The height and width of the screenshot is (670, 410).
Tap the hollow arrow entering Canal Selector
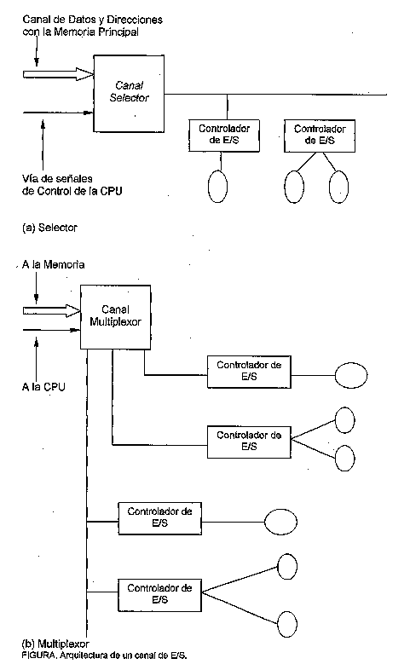pyautogui.click(x=59, y=74)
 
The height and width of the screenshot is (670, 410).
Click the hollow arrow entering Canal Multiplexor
pyautogui.click(x=52, y=310)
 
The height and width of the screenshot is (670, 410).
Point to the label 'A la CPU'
pyautogui.click(x=43, y=387)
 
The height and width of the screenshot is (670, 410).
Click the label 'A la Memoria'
pyautogui.click(x=53, y=264)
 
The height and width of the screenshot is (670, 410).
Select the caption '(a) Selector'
pyautogui.click(x=49, y=228)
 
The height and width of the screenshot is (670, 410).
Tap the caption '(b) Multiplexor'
pyautogui.click(x=55, y=644)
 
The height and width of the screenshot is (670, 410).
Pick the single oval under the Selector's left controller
pyautogui.click(x=217, y=187)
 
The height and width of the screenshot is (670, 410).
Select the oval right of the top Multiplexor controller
pyautogui.click(x=350, y=376)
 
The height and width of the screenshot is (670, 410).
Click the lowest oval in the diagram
pyautogui.click(x=287, y=625)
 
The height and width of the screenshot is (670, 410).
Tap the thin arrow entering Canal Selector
pyautogui.click(x=58, y=113)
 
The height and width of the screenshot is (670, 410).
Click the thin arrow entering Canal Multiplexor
pyautogui.click(x=52, y=330)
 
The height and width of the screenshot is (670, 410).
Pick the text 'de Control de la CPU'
pyautogui.click(x=72, y=191)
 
